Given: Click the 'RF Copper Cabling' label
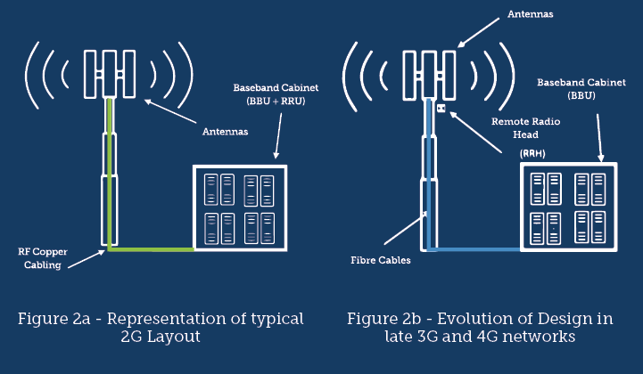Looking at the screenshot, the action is click(43, 258).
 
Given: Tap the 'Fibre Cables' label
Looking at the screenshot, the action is click(381, 260).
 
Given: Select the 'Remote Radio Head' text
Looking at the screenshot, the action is click(525, 128).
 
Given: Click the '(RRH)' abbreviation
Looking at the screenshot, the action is click(532, 154).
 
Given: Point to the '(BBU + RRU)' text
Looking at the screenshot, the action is click(276, 101).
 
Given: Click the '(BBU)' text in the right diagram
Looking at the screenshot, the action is click(581, 95).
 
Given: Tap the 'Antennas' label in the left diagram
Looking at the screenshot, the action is click(225, 132).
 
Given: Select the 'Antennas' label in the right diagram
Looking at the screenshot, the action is click(531, 14).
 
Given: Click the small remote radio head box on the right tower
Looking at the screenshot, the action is click(441, 108).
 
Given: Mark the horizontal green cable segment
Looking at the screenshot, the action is click(151, 249).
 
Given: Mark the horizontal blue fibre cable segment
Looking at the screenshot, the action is click(474, 249).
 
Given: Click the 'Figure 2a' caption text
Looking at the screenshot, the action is click(54, 319).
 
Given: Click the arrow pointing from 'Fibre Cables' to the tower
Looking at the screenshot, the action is click(405, 228).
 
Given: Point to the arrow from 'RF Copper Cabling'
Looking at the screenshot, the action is click(87, 259).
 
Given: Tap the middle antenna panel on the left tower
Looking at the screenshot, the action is click(110, 74).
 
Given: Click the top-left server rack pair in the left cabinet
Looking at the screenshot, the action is click(219, 190).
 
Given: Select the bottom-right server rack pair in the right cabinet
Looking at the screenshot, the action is click(590, 227).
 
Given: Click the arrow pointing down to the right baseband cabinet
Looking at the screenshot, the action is click(599, 138).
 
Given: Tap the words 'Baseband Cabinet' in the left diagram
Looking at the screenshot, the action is click(276, 87).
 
